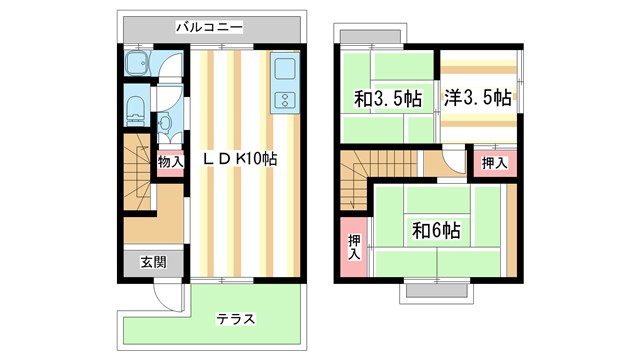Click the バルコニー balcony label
coord(208,27)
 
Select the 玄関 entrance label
coord(153,262)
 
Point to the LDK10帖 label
coord(240,159)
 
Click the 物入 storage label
coord(170,161)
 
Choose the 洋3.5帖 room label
coord(477,98)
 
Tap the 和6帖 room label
coord(436,231)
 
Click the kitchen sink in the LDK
coord(282,71)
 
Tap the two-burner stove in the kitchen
coord(283,100)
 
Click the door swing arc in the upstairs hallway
coord(451,160)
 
